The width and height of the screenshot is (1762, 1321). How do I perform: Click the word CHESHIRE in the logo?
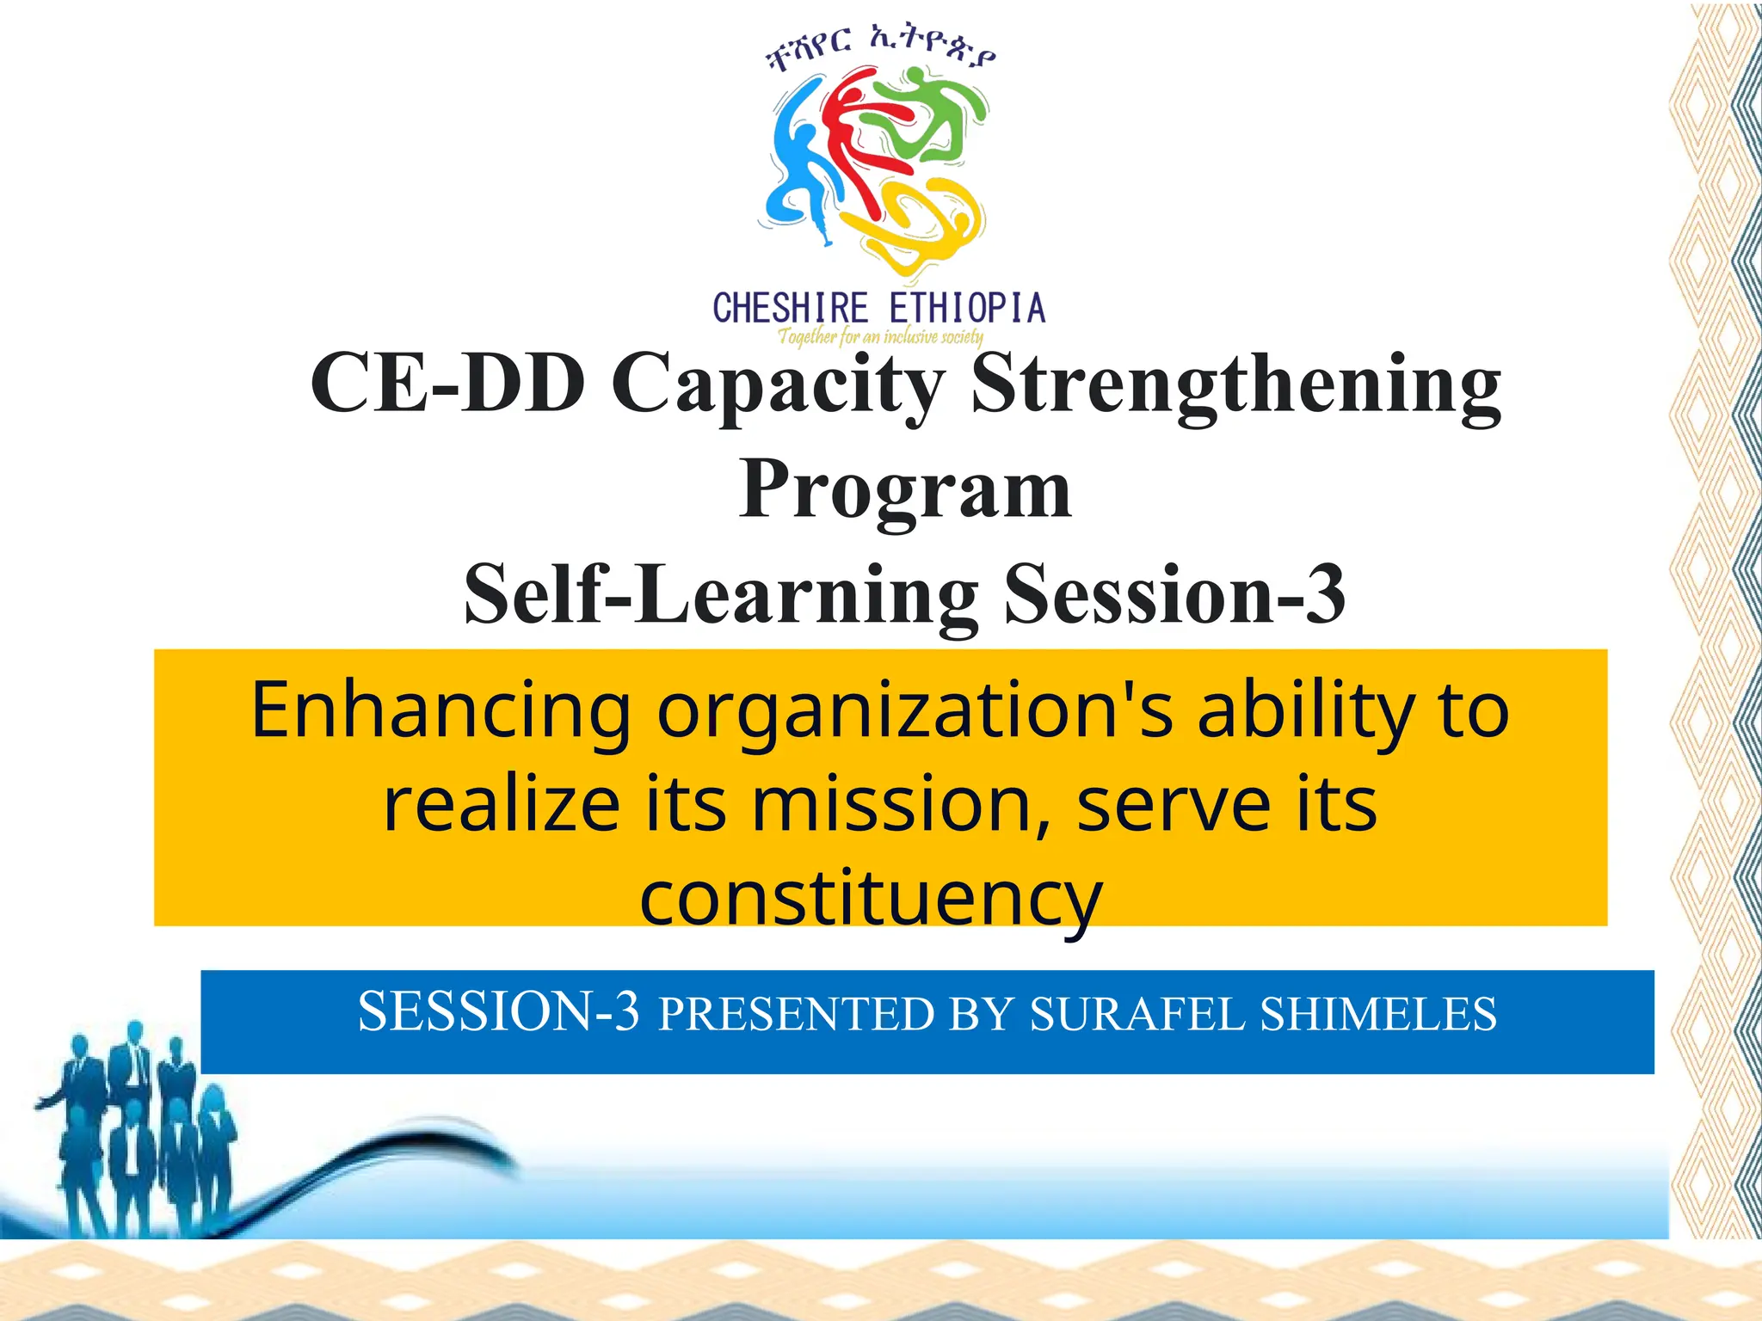pos(790,308)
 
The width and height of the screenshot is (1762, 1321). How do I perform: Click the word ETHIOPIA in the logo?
pos(967,308)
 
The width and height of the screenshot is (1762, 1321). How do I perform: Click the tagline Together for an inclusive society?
pos(880,336)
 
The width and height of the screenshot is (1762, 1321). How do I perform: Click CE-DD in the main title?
pos(447,383)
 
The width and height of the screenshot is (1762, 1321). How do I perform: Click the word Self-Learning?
pos(721,595)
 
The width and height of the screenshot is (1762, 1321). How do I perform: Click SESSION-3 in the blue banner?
pos(499,1011)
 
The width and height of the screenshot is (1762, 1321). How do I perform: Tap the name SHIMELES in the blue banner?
pos(1378,1013)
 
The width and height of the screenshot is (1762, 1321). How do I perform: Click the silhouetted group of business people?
pos(138,1127)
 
